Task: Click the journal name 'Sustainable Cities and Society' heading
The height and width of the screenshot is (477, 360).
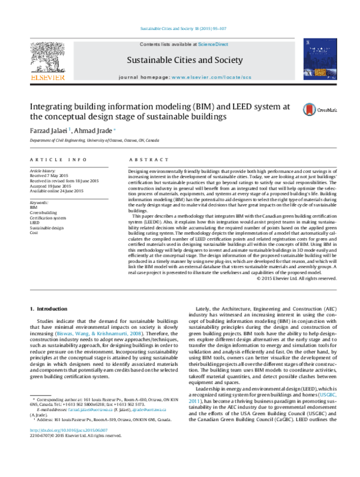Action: click(x=185, y=61)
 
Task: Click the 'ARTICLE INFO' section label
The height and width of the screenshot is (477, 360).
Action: click(x=57, y=160)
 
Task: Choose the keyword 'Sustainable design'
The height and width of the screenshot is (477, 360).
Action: click(x=46, y=228)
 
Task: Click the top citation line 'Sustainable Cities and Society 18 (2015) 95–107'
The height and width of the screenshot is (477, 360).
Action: click(x=183, y=28)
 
